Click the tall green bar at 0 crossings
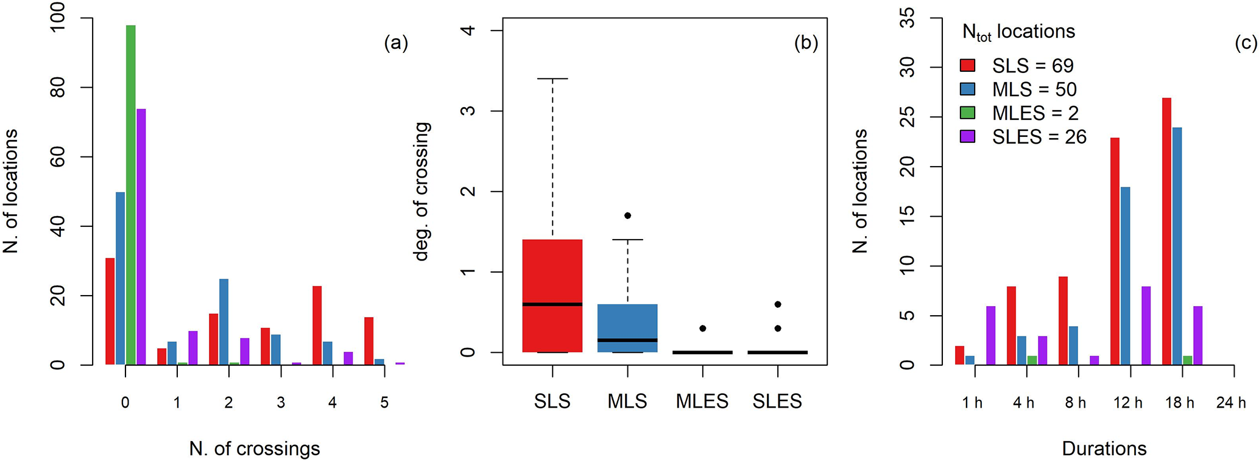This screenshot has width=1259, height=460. click(130, 195)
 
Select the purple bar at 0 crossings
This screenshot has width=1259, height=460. click(141, 237)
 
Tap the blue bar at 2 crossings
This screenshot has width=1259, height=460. click(224, 322)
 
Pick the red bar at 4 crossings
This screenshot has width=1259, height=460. click(317, 326)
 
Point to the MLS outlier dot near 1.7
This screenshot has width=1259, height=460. click(627, 215)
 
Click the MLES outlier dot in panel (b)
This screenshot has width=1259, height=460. click(702, 328)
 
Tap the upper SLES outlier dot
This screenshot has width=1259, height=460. click(778, 304)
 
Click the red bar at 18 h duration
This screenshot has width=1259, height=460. click(1166, 231)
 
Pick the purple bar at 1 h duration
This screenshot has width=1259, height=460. click(990, 335)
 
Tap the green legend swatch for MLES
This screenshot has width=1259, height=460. click(968, 113)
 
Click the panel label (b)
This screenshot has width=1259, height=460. click(806, 43)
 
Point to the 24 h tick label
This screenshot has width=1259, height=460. click(1231, 402)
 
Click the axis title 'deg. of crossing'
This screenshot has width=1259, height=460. click(422, 191)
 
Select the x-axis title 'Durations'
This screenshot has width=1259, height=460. click(1104, 449)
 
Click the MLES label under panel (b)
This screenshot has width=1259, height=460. click(702, 402)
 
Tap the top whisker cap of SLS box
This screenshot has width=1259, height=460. click(552, 79)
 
